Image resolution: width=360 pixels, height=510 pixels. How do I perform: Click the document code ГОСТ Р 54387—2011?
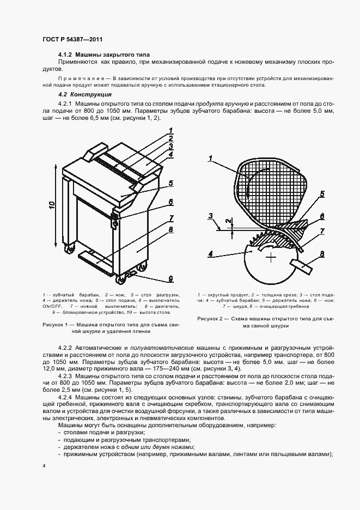tap(72, 39)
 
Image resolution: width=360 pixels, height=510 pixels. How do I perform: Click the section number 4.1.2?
tap(65, 56)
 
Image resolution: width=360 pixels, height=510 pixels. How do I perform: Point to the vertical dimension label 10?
tap(50, 204)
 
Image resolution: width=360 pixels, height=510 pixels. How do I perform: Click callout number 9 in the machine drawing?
tap(170, 279)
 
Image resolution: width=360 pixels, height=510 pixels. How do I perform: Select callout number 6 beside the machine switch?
tap(170, 202)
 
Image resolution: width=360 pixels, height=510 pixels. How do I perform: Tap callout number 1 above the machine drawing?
tap(170, 130)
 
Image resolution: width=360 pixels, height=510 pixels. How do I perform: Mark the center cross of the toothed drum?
tap(271, 256)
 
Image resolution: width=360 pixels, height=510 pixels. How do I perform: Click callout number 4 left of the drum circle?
tap(211, 252)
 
